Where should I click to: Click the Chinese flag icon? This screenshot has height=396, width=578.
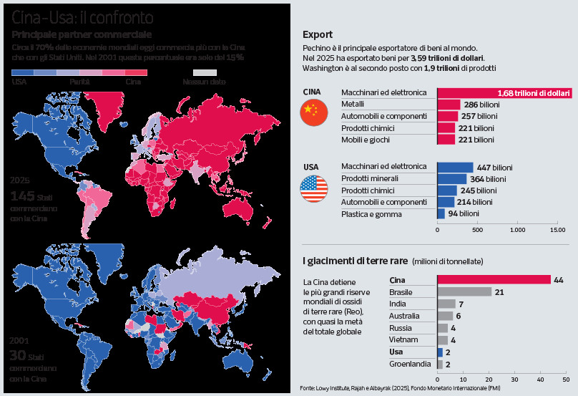(314, 112)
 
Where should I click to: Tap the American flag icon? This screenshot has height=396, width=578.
(314, 188)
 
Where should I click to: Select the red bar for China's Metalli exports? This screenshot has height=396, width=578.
(449, 105)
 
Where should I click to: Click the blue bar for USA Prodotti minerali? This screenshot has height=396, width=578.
(452, 179)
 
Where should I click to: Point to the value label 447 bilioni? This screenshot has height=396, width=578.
(494, 168)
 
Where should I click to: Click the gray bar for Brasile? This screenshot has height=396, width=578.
(464, 292)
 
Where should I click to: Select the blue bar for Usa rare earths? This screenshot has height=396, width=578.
(440, 352)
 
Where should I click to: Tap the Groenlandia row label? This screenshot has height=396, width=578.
(410, 364)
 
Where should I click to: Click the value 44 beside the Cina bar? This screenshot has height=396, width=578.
(559, 280)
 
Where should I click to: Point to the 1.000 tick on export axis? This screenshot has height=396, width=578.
(517, 230)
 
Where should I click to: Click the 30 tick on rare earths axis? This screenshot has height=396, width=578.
(514, 380)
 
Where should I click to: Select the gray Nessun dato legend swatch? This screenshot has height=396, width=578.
(205, 73)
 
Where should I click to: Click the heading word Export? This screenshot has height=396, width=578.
(318, 34)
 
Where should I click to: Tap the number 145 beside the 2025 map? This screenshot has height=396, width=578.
(22, 196)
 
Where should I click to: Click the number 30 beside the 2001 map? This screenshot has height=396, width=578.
(18, 355)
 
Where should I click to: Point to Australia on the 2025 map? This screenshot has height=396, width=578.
(238, 208)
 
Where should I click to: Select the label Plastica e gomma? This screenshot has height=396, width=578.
(371, 214)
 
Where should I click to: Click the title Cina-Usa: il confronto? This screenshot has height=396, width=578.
(82, 17)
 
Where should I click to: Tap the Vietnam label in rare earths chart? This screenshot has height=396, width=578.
(403, 339)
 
